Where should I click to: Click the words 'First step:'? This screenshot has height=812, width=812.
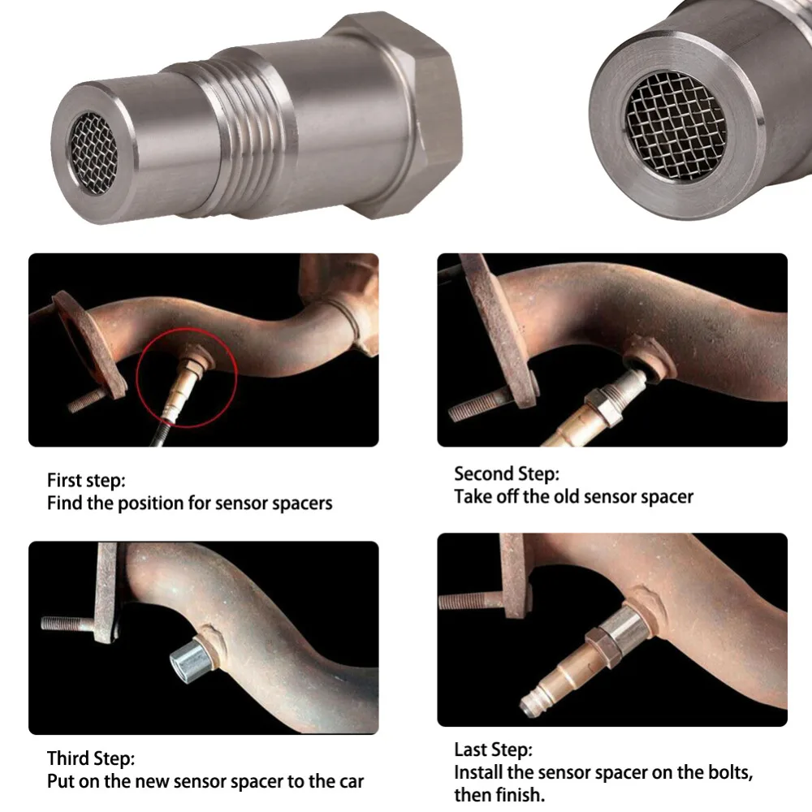pos(86,480)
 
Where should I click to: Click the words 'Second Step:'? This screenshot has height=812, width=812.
pos(507,473)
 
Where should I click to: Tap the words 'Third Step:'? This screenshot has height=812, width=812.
pos(91,759)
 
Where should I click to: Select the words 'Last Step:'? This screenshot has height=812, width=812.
pos(493,749)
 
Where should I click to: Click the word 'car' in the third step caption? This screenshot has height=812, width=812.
pos(348,783)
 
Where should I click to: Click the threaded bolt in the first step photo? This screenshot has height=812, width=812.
pos(87,400)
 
